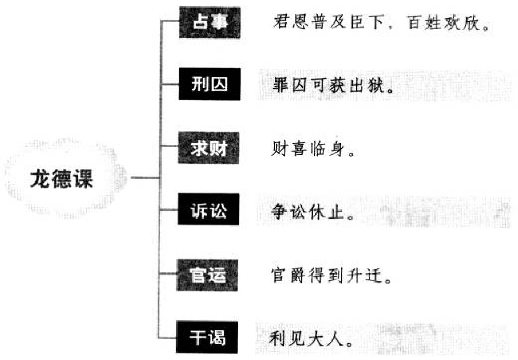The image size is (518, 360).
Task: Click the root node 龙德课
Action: coord(62,179)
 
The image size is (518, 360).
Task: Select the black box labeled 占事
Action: coord(210,23)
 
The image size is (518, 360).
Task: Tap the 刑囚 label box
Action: coord(210,84)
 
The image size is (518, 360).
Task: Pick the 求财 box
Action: coord(209,148)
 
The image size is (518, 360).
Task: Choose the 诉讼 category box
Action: coord(209,210)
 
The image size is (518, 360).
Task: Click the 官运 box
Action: coord(208,276)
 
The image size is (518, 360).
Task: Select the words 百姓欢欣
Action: coord(447,23)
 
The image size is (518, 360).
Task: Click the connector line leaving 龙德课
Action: coord(145,178)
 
